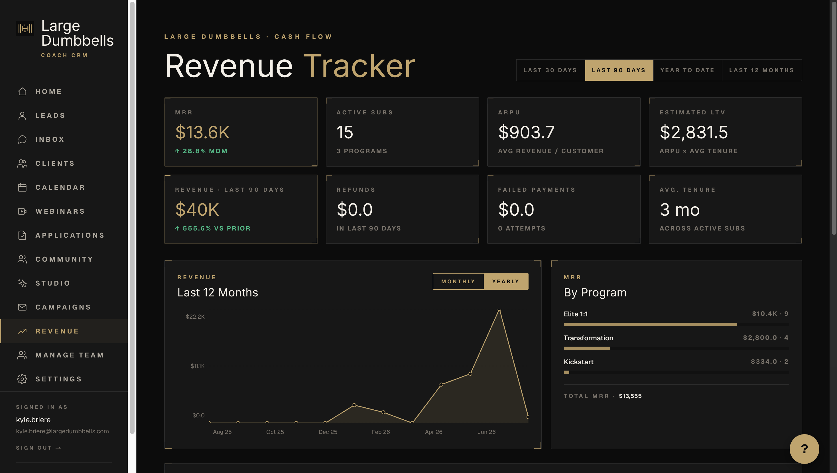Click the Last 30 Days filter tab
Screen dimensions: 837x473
point(550,70)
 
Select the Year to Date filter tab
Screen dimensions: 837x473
point(688,70)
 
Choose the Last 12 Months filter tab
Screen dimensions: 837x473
point(762,70)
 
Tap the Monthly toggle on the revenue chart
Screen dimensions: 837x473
point(458,282)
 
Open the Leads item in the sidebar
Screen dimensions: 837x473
point(50,116)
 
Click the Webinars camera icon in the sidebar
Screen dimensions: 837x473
point(22,211)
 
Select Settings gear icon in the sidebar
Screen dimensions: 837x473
point(22,379)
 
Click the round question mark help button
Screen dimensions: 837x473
point(804,449)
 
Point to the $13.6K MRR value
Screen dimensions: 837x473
point(202,132)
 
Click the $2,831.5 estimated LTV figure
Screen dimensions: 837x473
point(694,132)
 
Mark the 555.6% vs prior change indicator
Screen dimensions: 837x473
point(213,228)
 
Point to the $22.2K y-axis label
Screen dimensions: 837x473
point(195,317)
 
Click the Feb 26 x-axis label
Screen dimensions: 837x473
point(381,432)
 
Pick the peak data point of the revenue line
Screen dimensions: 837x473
point(499,310)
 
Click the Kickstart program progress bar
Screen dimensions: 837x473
point(676,372)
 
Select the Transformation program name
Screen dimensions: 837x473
point(588,338)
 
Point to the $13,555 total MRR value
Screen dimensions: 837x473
point(630,396)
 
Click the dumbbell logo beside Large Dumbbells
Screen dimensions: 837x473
point(25,29)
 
